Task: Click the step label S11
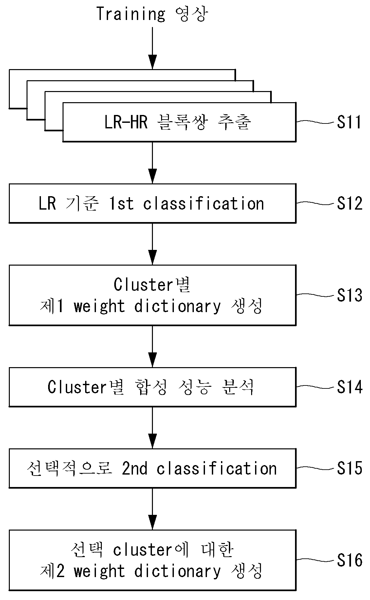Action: (349, 122)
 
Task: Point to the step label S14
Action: (350, 387)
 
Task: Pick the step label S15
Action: (350, 468)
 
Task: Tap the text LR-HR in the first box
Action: (126, 122)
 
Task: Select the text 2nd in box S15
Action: (135, 468)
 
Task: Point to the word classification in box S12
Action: (203, 203)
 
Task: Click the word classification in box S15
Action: (216, 468)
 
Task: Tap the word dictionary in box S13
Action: (177, 306)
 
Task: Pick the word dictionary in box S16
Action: (177, 571)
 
